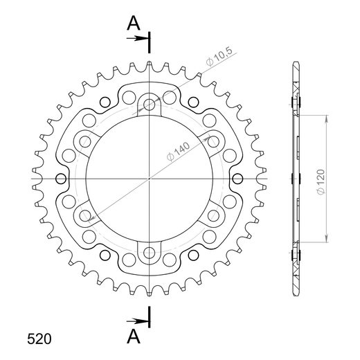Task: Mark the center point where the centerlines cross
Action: click(x=150, y=179)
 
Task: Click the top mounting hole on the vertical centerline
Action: click(x=150, y=105)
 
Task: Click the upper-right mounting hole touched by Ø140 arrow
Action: click(x=214, y=142)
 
